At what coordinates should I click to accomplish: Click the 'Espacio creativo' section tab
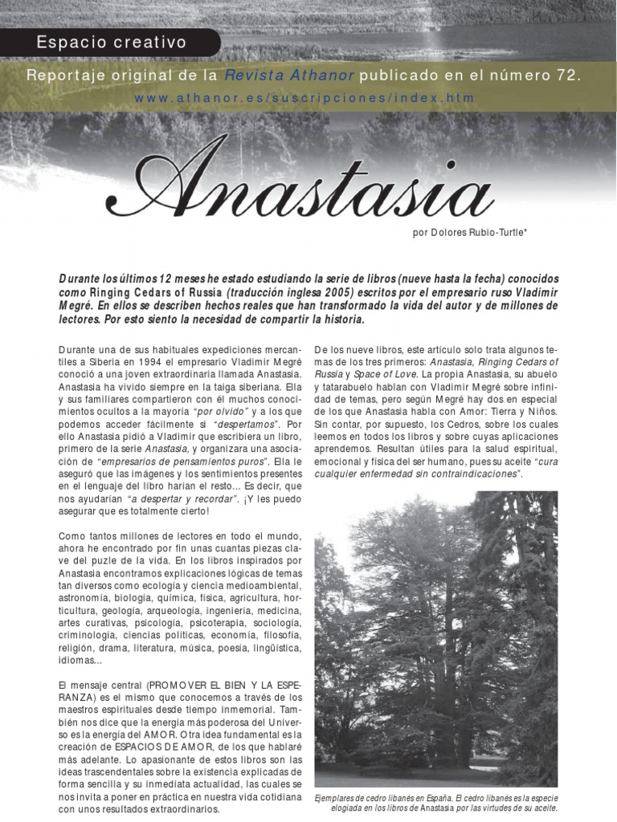point(111,43)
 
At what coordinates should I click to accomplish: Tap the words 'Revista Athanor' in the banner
point(288,75)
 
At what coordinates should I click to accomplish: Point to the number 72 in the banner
point(568,75)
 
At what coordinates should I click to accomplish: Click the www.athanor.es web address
point(304,98)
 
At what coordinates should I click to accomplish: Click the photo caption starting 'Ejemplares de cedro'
point(436,804)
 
